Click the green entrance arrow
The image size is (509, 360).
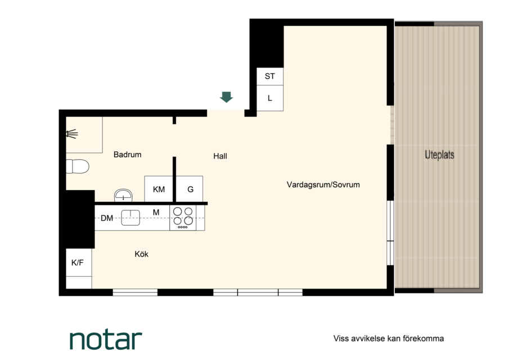point(226,97)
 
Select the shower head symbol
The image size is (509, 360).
point(72,134)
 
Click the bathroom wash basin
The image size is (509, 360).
point(123,195)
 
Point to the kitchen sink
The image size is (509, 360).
point(130,218)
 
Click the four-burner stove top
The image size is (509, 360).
point(183,218)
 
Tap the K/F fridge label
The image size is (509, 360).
point(77,263)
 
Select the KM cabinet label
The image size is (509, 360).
point(159,189)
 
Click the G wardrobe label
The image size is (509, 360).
point(191,189)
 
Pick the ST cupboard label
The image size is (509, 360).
point(270,76)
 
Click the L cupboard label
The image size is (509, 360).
point(270,98)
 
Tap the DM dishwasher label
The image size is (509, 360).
point(107,218)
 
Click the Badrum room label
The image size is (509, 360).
point(127,155)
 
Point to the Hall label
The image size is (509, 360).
point(220,156)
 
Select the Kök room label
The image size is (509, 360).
point(142,254)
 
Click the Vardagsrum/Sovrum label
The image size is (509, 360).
point(323,184)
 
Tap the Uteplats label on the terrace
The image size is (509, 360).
point(439,155)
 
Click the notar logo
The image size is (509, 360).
point(106,340)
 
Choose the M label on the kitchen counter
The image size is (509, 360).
point(156,212)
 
